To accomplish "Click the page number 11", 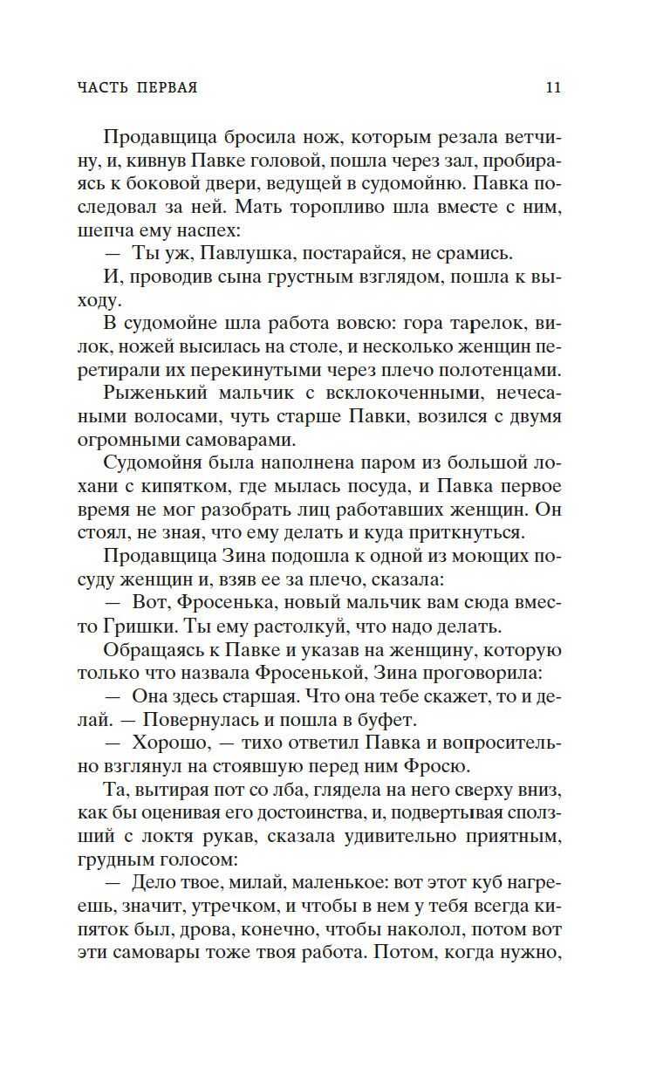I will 553,88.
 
